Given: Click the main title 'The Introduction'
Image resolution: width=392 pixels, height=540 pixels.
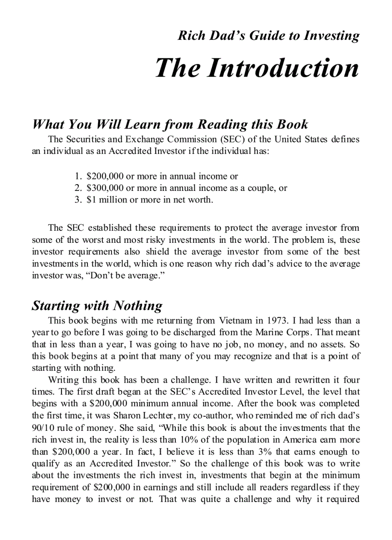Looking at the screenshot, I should point(257,68).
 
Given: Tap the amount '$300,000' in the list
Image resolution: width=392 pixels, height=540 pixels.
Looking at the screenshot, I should point(104,188).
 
